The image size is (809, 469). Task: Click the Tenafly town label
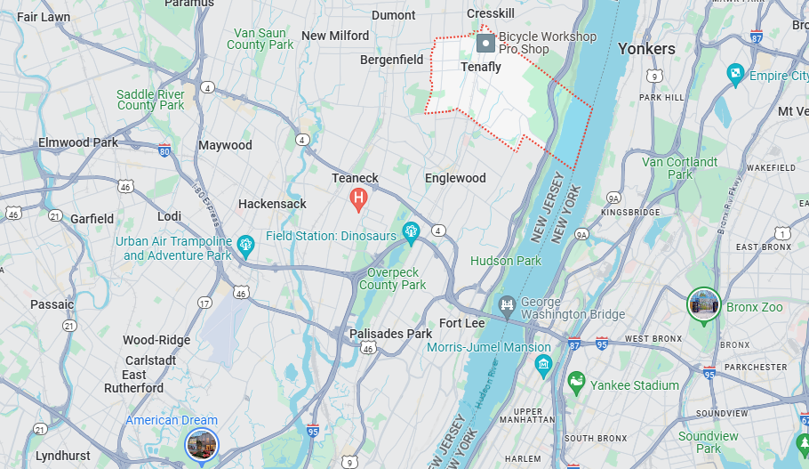[481, 67]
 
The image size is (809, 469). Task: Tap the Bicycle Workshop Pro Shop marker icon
[486, 43]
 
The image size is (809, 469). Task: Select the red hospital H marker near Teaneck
[359, 198]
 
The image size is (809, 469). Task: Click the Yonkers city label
[646, 48]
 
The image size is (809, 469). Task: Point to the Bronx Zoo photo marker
[703, 304]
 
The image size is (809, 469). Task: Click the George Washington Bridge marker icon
[508, 307]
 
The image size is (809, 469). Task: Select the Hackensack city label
[272, 204]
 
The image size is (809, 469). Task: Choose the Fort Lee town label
[462, 323]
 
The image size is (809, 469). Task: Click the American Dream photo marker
[201, 444]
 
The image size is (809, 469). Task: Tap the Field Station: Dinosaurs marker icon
[411, 233]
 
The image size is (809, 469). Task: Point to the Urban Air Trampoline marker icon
[247, 242]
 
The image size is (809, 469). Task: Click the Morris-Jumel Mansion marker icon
[543, 364]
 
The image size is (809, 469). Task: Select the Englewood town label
[455, 178]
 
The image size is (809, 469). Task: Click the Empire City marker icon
[735, 74]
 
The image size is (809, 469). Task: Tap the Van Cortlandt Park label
[680, 168]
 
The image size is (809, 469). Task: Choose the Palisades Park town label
[390, 334]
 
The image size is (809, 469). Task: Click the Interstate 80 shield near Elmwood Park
[164, 151]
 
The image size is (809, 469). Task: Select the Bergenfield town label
[392, 60]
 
